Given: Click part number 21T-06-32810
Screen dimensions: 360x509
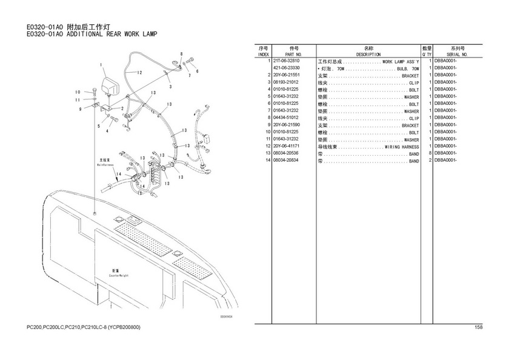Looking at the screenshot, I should tap(286, 61).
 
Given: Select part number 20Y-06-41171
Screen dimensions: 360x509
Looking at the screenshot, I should tap(286, 146).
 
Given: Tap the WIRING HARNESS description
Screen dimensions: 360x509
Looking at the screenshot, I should tap(402, 147).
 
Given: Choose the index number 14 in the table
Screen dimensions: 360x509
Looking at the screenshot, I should tap(266, 161).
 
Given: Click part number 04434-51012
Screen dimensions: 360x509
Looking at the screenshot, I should tap(286, 118).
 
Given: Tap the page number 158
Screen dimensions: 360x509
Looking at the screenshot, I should tap(479, 328).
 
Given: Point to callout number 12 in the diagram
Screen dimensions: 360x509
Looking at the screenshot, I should tap(139, 73).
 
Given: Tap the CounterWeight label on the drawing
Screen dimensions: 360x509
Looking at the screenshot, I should tap(118, 275).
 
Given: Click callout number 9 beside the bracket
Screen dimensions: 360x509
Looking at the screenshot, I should tap(80, 109).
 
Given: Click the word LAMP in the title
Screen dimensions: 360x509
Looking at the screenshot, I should tap(148, 34).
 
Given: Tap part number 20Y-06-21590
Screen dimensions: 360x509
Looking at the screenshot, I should tap(286, 125).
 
